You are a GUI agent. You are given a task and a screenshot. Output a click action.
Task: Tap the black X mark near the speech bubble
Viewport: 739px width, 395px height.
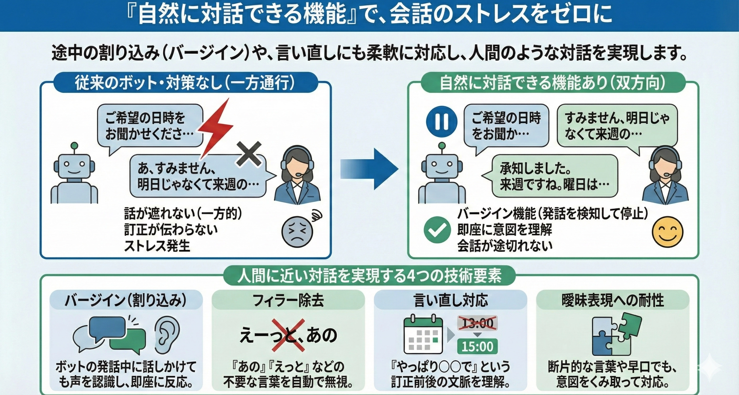pos(249,154)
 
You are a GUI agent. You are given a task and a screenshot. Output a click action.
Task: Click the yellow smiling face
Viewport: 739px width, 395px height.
pos(667,232)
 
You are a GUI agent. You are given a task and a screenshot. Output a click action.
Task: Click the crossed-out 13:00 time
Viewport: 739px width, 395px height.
pos(477,324)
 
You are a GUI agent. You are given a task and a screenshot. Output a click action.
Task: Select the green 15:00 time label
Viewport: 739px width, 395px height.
pos(477,346)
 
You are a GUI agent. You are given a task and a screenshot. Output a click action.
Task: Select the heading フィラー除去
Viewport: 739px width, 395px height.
pos(288,300)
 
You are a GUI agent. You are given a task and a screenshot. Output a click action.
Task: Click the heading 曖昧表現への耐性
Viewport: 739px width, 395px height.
pos(613,300)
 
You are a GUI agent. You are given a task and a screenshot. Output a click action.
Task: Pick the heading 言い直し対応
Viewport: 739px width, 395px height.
pos(450,300)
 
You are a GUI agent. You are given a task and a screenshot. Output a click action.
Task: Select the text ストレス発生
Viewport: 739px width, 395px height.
pos(157,246)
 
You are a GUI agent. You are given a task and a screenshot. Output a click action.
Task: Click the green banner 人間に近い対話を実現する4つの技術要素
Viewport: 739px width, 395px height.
pos(369,276)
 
